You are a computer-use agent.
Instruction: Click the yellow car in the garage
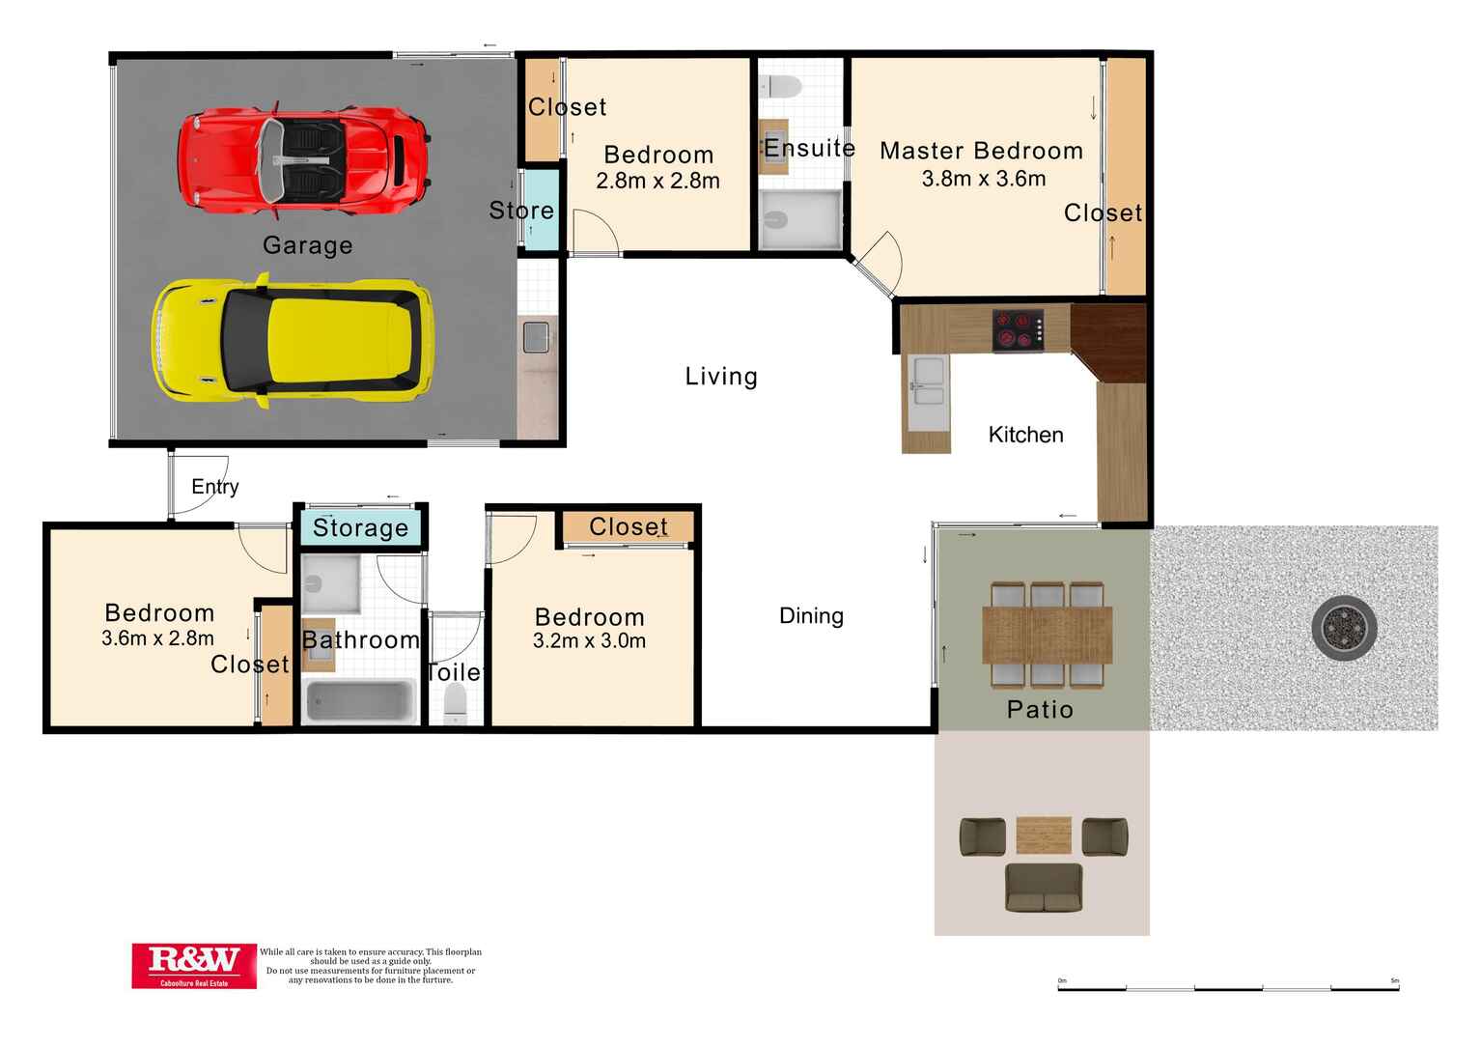click(x=293, y=339)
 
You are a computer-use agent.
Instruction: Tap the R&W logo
click(x=194, y=965)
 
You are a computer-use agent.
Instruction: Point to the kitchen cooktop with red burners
click(x=1019, y=329)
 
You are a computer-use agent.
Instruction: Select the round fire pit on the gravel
click(x=1344, y=628)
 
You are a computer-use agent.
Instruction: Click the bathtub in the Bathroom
click(x=360, y=699)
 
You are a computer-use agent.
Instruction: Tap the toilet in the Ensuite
click(x=780, y=88)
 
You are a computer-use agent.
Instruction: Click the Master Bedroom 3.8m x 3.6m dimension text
click(x=983, y=179)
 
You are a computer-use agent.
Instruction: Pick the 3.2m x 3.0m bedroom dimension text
click(x=589, y=640)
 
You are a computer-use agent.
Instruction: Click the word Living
click(x=721, y=377)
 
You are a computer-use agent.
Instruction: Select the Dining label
click(x=811, y=615)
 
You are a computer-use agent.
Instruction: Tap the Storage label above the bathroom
click(x=360, y=527)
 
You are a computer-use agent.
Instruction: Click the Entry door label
click(x=214, y=486)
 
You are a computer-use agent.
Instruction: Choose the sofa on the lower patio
click(x=1043, y=888)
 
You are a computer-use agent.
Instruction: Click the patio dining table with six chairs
click(x=1047, y=634)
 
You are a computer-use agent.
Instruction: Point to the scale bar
click(x=1228, y=987)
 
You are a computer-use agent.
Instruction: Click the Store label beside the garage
click(x=521, y=211)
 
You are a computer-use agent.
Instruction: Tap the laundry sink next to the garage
click(x=536, y=337)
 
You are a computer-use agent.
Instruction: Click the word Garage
click(x=307, y=245)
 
